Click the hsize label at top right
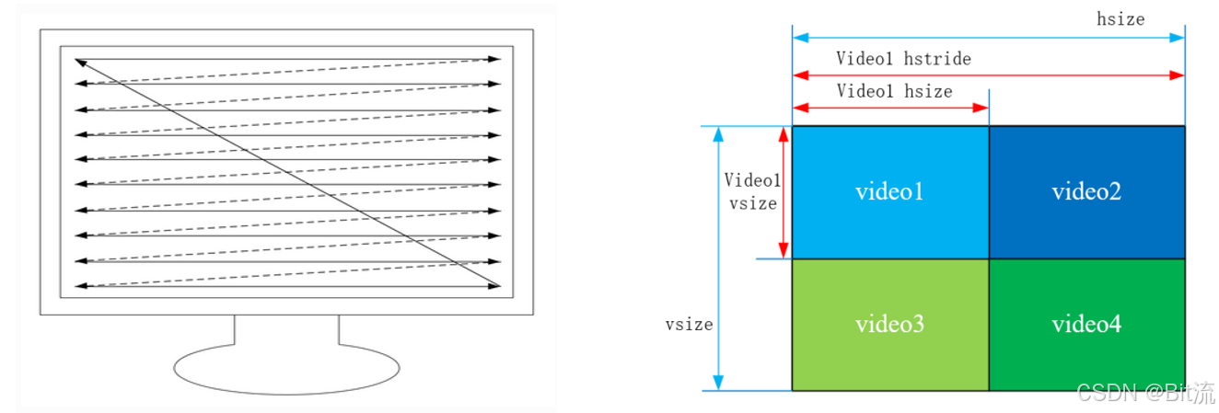pos(1120,18)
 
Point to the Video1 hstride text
pos(903,59)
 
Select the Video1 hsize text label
pos(894,91)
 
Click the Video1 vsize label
pos(751,191)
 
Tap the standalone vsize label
pos(689,325)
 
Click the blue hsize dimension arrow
pos(988,39)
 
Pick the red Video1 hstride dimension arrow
pos(988,75)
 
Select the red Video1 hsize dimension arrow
pos(889,108)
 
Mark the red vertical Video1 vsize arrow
pos(784,192)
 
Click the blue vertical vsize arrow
pos(720,258)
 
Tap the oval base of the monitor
pos(286,370)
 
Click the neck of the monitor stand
pos(286,329)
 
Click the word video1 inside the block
pos(889,192)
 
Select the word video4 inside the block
pos(1086,325)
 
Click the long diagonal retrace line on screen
pos(286,173)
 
